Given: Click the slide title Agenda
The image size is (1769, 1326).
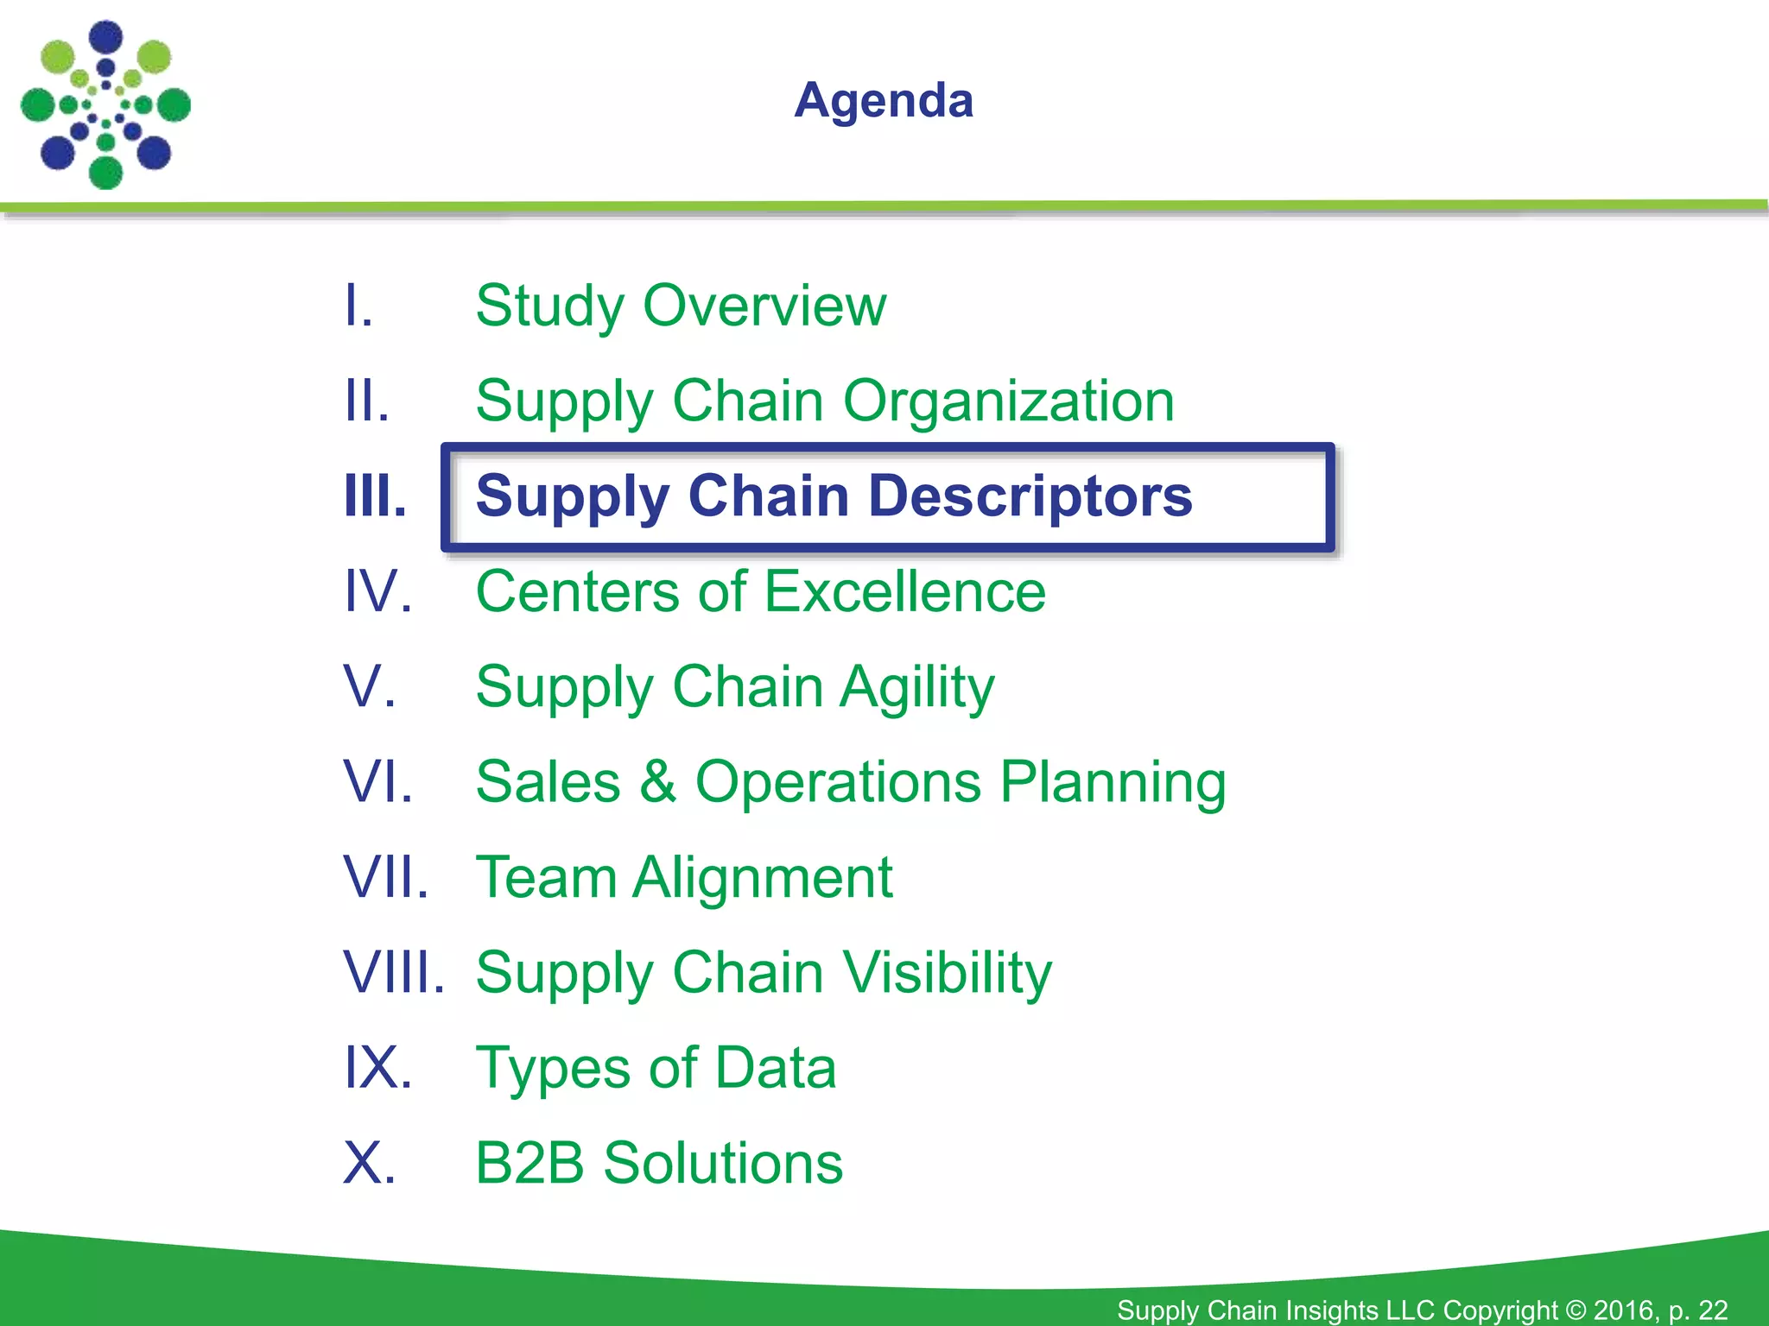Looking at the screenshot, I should tap(884, 101).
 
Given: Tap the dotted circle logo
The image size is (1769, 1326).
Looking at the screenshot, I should tap(105, 105).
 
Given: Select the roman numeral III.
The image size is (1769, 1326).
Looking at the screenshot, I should tap(374, 496).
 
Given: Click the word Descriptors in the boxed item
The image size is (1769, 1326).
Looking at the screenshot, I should tap(1030, 496).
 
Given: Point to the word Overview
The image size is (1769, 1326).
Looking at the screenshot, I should tap(764, 306).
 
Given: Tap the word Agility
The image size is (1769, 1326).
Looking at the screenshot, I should tap(917, 688).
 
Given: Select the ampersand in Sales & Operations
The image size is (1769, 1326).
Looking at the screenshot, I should tap(658, 781).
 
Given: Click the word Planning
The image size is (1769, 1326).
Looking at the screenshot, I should tap(1113, 783).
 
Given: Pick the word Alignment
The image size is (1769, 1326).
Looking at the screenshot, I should tap(762, 878).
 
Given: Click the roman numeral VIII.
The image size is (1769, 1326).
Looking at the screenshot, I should tap(393, 973).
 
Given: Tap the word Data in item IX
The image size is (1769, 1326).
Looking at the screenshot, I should tap(776, 1068).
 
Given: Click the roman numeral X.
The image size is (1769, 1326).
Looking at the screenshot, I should tap(369, 1163).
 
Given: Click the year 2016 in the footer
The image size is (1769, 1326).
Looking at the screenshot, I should tap(1624, 1310).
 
